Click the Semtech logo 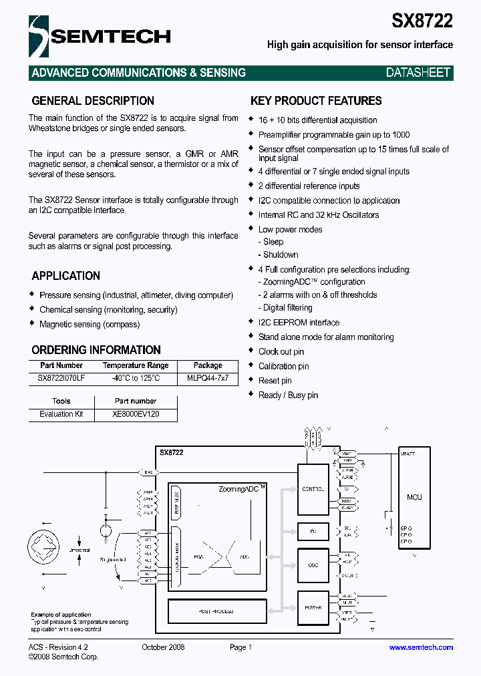pyautogui.click(x=100, y=36)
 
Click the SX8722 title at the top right pyautogui.click(x=422, y=20)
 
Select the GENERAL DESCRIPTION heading pyautogui.click(x=93, y=101)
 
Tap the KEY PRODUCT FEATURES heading pyautogui.click(x=316, y=101)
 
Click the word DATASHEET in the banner pyautogui.click(x=418, y=73)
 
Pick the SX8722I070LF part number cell pyautogui.click(x=61, y=378)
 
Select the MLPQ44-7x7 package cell pyautogui.click(x=208, y=378)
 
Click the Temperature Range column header pyautogui.click(x=136, y=365)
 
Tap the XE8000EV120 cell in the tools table pyautogui.click(x=136, y=414)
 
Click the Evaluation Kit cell pyautogui.click(x=61, y=414)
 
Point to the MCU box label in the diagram pyautogui.click(x=414, y=497)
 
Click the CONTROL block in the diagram pyautogui.click(x=313, y=489)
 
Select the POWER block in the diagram pyautogui.click(x=313, y=607)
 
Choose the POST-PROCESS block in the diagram pyautogui.click(x=216, y=611)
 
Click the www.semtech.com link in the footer pyautogui.click(x=421, y=647)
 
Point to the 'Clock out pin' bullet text pyautogui.click(x=281, y=351)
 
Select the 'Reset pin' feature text pyautogui.click(x=275, y=381)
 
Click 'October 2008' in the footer pyautogui.click(x=163, y=647)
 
